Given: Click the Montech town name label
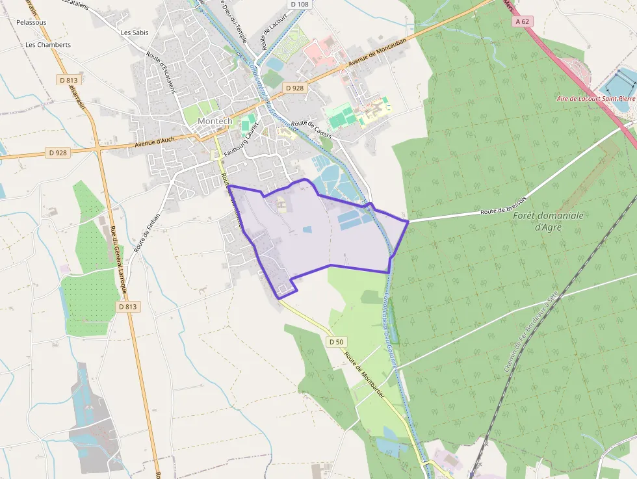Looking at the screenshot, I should click(x=214, y=122).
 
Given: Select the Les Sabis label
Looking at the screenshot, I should click(x=135, y=32).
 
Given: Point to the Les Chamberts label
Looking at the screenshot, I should click(x=47, y=45).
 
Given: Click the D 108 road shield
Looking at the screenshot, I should click(x=300, y=4).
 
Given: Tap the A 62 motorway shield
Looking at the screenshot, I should click(x=523, y=21).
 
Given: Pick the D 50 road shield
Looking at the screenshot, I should click(x=335, y=341).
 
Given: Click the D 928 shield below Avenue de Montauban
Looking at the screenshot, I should click(x=294, y=87).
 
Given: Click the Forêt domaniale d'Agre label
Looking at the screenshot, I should click(x=549, y=221).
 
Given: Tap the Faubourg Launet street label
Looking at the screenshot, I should click(x=241, y=140).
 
